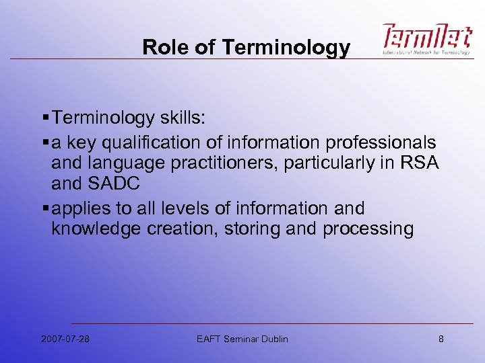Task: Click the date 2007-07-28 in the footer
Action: click(x=65, y=339)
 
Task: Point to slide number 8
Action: click(x=441, y=339)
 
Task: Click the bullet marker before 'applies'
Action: click(x=44, y=208)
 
